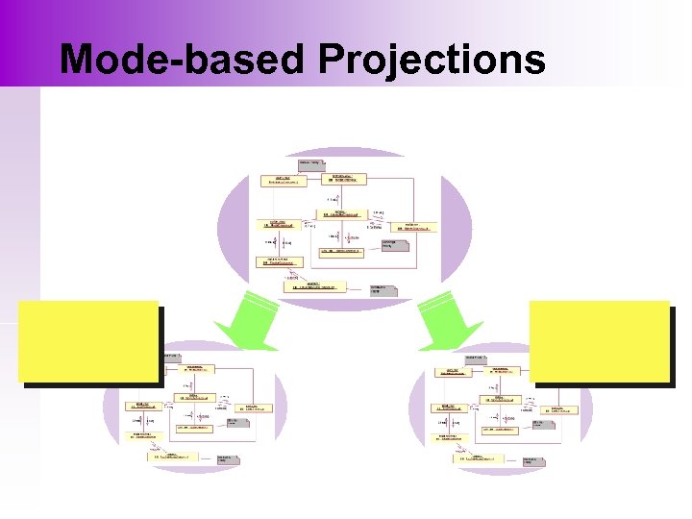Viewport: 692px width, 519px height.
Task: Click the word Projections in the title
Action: click(x=432, y=60)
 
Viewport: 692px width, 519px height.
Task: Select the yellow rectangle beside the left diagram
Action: click(x=87, y=341)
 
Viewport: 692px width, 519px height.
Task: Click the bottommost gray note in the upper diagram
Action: click(x=384, y=289)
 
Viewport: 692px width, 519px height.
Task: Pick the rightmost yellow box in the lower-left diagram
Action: click(x=257, y=408)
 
